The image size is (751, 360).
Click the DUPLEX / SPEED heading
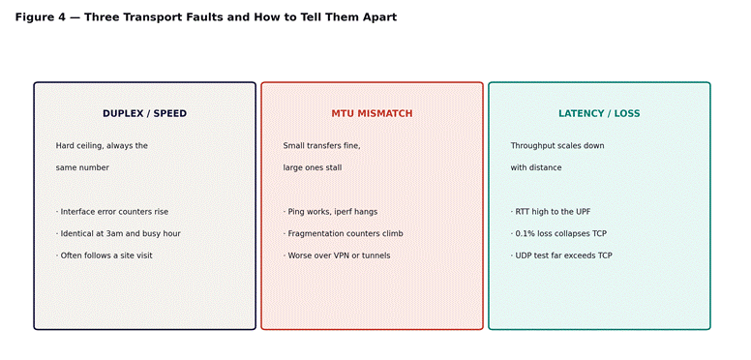click(x=144, y=113)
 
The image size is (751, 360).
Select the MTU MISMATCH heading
click(x=372, y=113)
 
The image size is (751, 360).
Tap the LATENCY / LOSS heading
click(x=599, y=113)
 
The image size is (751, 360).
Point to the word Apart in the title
click(x=380, y=17)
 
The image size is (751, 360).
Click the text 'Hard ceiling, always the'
click(x=102, y=145)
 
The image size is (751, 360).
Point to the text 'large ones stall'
click(x=313, y=167)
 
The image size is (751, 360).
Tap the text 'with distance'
click(x=536, y=167)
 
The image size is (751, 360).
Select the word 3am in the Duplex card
click(x=114, y=233)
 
